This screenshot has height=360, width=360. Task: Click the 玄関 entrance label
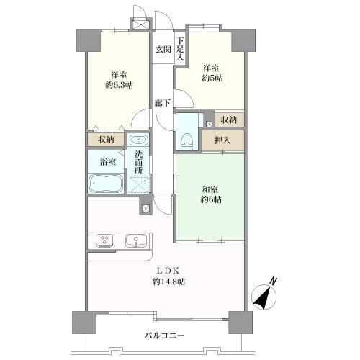pyautogui.click(x=162, y=49)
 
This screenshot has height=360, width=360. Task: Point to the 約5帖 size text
pyautogui.click(x=212, y=77)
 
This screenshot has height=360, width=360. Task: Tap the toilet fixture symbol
pyautogui.click(x=186, y=132)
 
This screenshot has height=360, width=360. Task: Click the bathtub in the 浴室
pyautogui.click(x=106, y=184)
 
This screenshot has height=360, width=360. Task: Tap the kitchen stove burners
pyautogui.click(x=104, y=241)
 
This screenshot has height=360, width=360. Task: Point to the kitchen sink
pyautogui.click(x=135, y=241)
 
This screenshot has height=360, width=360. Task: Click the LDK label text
pyautogui.click(x=168, y=271)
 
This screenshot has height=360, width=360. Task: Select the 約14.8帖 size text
pyautogui.click(x=168, y=282)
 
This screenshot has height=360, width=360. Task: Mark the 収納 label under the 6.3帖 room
pyautogui.click(x=106, y=140)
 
